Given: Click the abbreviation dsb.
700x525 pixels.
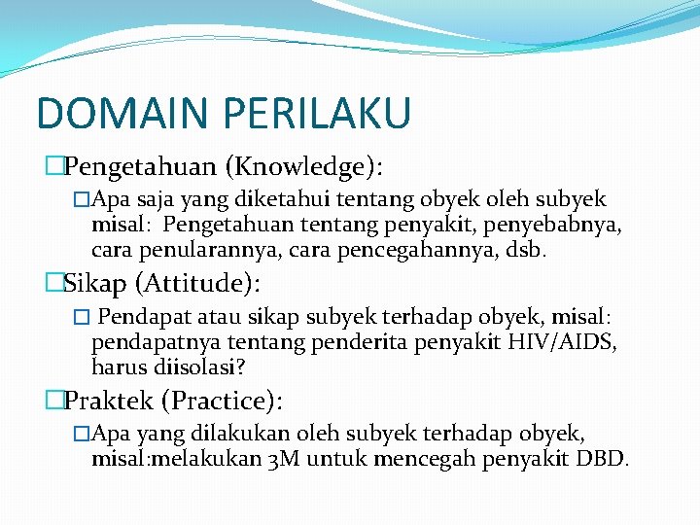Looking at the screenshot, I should [529, 250].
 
